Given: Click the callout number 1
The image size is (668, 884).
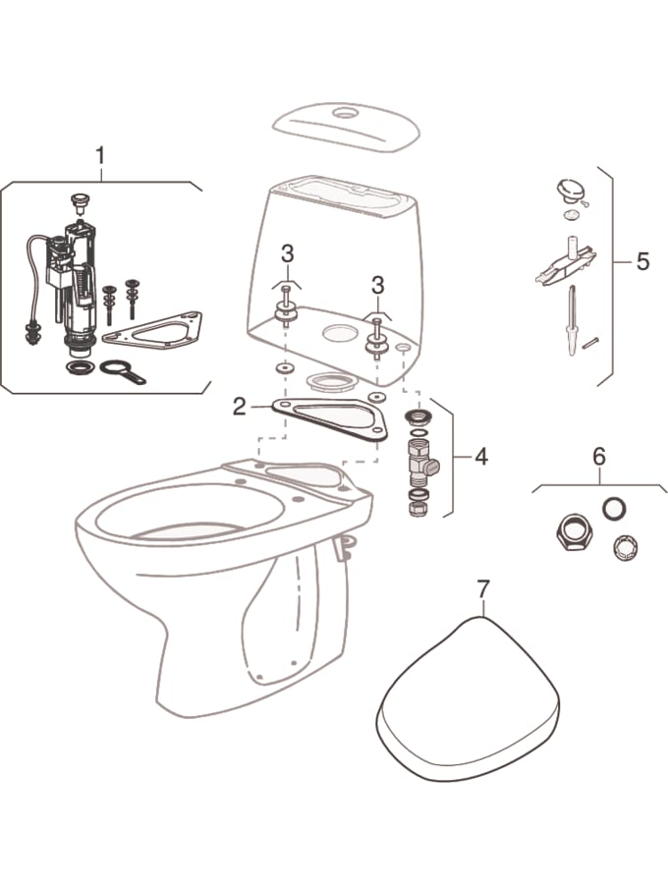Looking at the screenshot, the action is [x=100, y=156].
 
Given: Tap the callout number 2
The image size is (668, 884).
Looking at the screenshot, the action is [x=240, y=407].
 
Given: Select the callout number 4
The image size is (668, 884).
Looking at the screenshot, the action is [x=480, y=457].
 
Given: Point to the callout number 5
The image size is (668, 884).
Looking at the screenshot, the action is [x=642, y=262].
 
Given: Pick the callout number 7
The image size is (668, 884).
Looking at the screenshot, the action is [x=483, y=589].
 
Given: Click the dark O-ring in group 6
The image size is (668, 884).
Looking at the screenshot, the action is [x=614, y=508].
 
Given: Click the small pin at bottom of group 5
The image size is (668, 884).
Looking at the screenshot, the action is [x=590, y=342].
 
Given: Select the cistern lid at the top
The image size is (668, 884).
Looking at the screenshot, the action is [x=346, y=127].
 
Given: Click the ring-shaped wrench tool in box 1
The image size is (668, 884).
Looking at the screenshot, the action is [x=122, y=371].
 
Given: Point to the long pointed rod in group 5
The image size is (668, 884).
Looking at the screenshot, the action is [x=572, y=320].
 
